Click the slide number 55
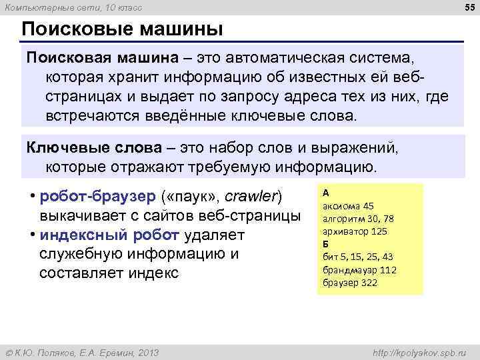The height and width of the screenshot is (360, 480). [x=469, y=7]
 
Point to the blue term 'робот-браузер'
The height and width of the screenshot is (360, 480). [x=99, y=197]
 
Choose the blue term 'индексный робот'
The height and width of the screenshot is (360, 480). [x=109, y=235]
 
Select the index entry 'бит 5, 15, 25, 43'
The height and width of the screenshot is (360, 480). [x=357, y=257]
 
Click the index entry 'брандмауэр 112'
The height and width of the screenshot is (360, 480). [x=359, y=269]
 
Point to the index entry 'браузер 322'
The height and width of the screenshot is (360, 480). [x=349, y=283]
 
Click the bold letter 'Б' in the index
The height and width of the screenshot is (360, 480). [x=325, y=243]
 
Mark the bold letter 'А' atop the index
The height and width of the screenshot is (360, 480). [x=325, y=192]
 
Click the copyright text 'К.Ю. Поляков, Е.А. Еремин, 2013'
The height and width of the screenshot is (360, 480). [x=85, y=351]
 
